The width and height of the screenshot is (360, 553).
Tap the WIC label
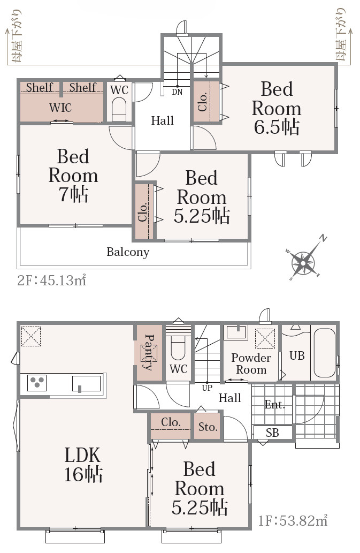(60, 108)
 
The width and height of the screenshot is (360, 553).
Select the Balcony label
(128, 252)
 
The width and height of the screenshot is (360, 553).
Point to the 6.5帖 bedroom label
(277, 108)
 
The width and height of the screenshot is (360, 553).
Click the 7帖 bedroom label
(73, 175)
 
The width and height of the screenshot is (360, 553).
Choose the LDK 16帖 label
(83, 465)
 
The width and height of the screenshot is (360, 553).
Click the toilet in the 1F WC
(178, 350)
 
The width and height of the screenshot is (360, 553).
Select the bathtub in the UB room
(324, 353)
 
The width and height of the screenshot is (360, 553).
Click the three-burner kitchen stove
(36, 383)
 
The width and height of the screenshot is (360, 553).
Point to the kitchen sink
(86, 383)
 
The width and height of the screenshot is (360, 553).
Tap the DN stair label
(177, 92)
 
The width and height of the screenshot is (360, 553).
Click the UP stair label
(207, 388)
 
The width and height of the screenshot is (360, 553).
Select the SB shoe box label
(272, 433)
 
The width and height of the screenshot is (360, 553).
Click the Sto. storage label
(208, 427)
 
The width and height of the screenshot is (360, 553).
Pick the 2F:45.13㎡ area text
(52, 281)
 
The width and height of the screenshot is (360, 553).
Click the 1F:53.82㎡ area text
(293, 520)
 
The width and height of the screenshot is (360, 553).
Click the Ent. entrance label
(275, 405)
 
